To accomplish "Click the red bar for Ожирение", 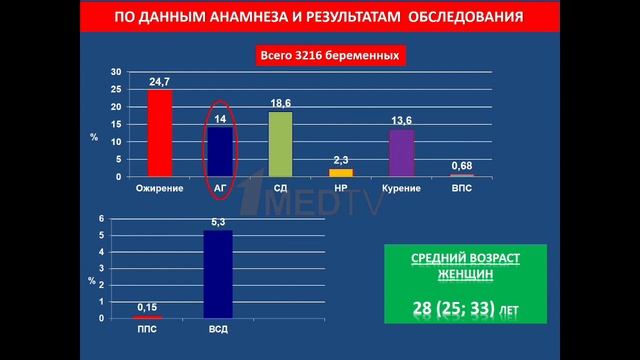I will pos(160,133).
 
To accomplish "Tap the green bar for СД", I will pos(280,144).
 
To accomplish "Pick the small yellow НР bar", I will pos(341,172).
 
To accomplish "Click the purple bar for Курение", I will pos(401,153).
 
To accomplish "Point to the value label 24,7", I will pos(160,81).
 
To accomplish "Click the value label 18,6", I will pos(280,103).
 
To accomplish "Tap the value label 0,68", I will pos(462,165).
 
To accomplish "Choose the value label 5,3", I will pos(218,221).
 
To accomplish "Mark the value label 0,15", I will pos(147,307).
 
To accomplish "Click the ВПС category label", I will pos(462,187).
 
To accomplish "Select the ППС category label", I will pos(147,329).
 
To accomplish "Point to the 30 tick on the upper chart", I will pos(117,72).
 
